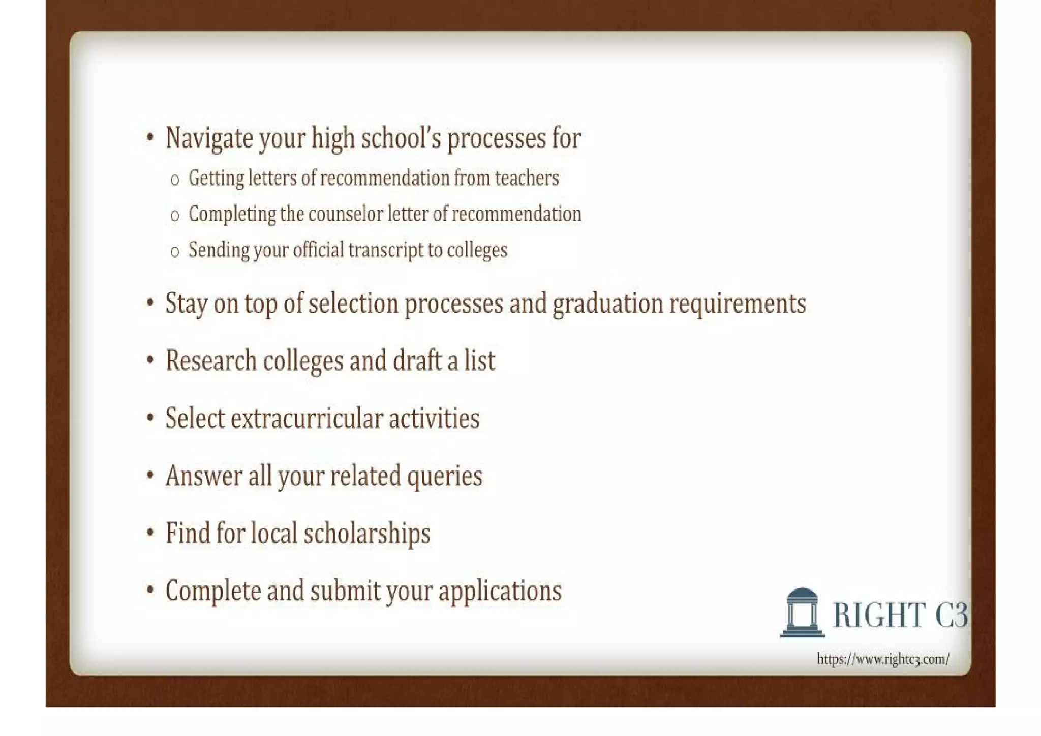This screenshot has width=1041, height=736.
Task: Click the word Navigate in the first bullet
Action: coord(209,138)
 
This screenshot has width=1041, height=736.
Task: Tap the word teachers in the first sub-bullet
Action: coord(527,178)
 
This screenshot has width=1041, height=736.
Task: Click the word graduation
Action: coord(608,304)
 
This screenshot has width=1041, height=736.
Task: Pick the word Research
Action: coord(211,361)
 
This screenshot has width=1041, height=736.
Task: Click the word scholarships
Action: coord(366,534)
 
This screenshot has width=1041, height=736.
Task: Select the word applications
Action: coord(500,591)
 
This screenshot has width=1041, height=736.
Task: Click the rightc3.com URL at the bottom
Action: coord(883,659)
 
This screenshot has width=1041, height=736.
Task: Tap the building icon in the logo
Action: coord(802,612)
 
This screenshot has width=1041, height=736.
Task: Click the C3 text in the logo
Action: coord(952,614)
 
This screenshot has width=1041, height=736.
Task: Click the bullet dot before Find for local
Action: coord(150,533)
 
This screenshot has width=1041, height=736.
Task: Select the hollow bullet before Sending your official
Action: coord(175,252)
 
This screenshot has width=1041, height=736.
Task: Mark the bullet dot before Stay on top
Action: coord(150,303)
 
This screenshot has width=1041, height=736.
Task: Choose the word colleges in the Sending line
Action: coord(477,250)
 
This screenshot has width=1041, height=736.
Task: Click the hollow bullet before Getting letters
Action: coord(175,180)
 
